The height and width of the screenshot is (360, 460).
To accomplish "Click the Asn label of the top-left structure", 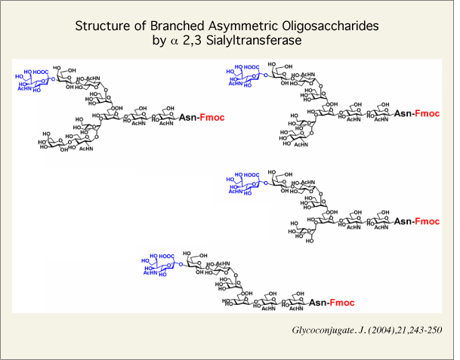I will point(188,117).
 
